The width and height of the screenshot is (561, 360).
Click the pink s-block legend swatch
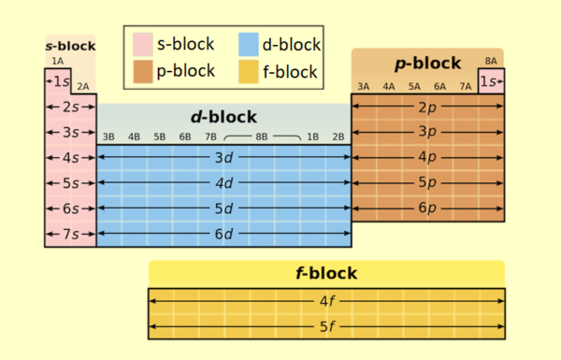tap(141, 44)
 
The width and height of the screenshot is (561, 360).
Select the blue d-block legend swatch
tap(248, 44)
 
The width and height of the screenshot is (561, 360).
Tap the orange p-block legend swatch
tap(141, 71)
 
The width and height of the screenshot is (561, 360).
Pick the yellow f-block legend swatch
tap(248, 71)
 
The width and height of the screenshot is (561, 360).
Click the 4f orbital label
tap(325, 302)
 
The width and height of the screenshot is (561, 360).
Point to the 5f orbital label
tap(325, 327)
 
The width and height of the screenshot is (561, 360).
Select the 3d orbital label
tap(223, 157)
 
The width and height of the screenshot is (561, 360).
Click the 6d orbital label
tap(223, 234)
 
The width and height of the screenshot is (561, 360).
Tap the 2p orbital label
tap(426, 107)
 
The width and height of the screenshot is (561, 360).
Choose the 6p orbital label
tap(426, 208)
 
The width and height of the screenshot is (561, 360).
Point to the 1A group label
tap(58, 61)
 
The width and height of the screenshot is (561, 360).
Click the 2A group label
tap(83, 87)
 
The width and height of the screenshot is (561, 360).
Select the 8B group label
tap(262, 137)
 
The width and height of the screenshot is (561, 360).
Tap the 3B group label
tap(108, 137)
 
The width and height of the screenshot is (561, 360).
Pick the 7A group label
tap(465, 87)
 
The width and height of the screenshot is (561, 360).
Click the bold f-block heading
tap(325, 274)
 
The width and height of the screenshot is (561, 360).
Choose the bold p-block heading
tap(426, 64)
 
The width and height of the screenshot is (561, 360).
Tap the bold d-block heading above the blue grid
tap(223, 117)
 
